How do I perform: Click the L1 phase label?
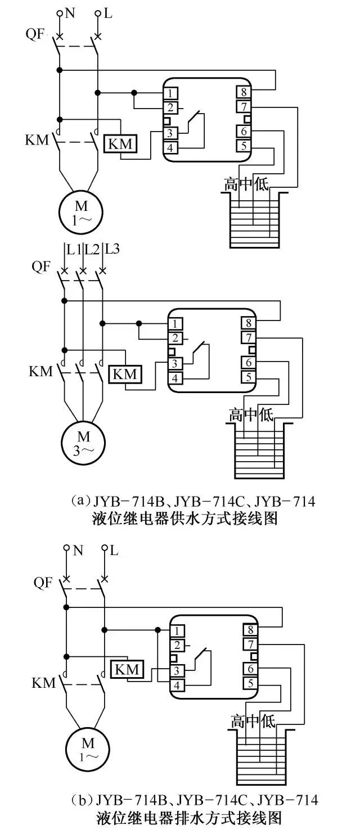(x=74, y=249)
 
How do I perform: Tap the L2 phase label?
(x=92, y=249)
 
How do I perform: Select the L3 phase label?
(x=112, y=249)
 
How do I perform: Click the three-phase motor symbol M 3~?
(x=83, y=442)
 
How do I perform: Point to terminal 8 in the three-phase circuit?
(x=248, y=323)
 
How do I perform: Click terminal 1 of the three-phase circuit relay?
(x=176, y=323)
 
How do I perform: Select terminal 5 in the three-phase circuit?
(x=248, y=377)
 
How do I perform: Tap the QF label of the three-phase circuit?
(x=41, y=267)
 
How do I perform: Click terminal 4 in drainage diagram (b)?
(x=177, y=686)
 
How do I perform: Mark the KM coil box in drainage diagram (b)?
(x=128, y=669)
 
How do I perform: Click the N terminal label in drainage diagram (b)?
(x=78, y=551)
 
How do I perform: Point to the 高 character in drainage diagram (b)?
(x=238, y=722)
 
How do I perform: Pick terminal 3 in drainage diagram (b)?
(x=177, y=671)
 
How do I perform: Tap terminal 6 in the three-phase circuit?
(x=248, y=363)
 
